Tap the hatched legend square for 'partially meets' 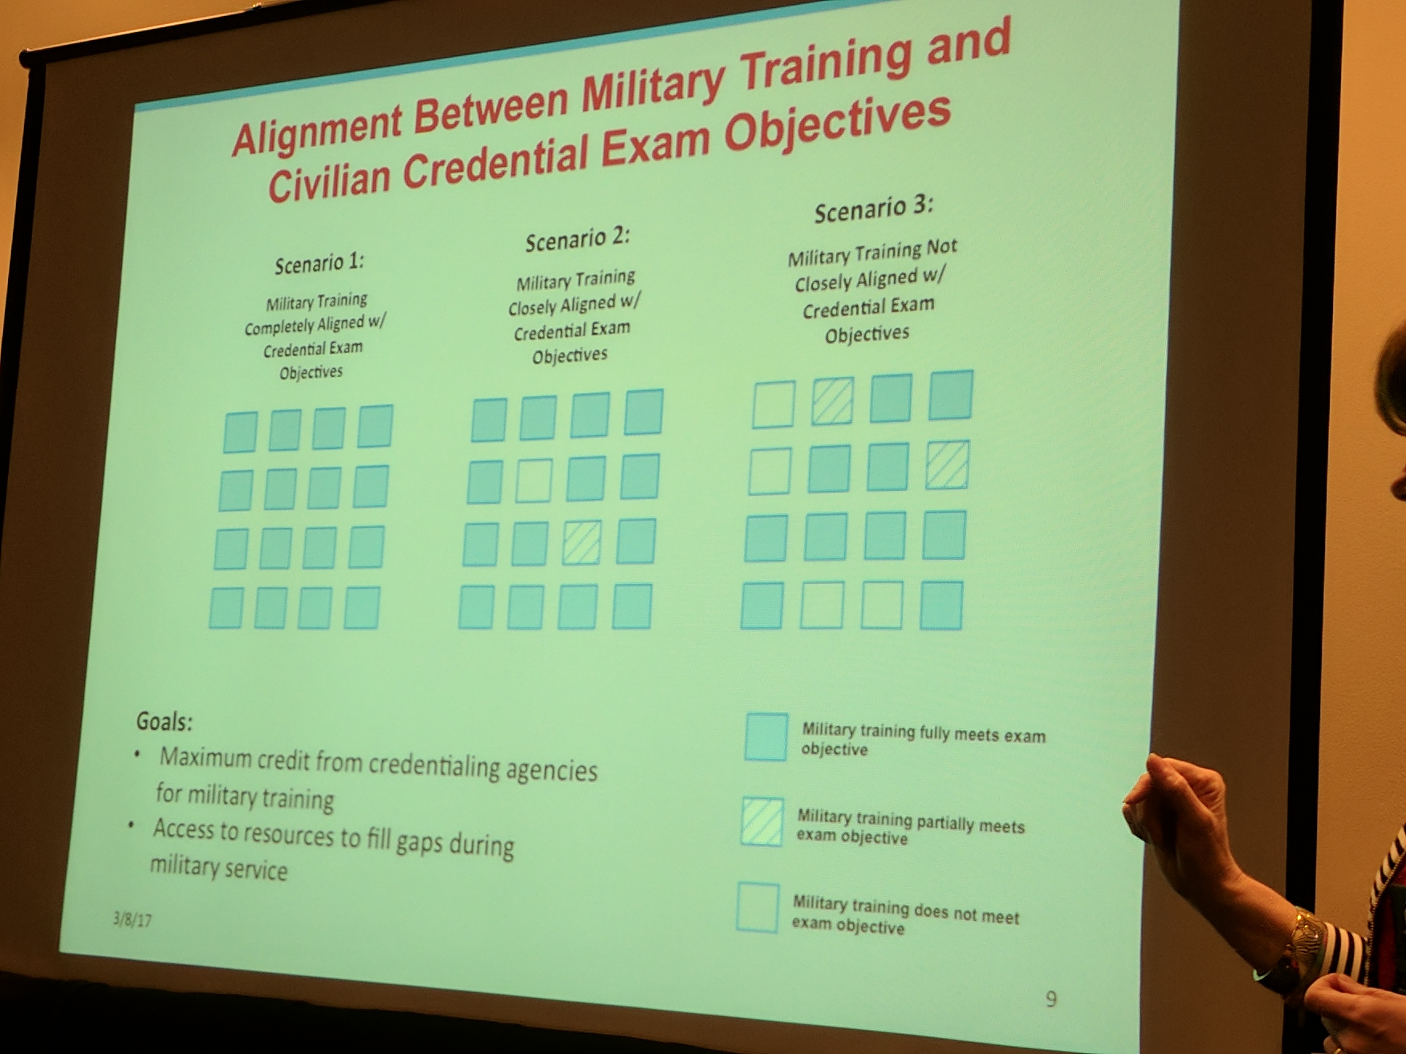[x=761, y=822]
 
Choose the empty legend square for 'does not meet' [x=758, y=907]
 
